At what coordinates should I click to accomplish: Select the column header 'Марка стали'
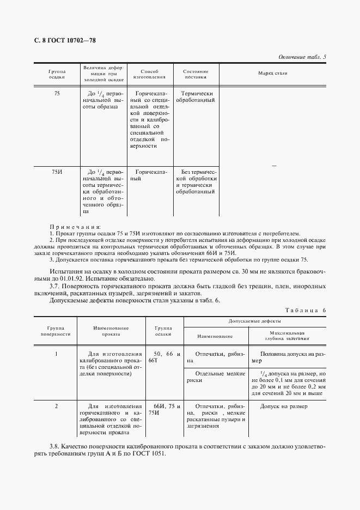coord(272,73)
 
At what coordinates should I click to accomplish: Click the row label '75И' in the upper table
coord(57,172)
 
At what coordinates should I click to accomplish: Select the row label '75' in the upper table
coord(57,94)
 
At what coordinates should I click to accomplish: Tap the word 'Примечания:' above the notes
coord(75,226)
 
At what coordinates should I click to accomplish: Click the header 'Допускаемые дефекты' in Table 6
coord(254,322)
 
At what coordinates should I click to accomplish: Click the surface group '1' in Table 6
coord(57,354)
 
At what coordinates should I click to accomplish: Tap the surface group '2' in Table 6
coord(57,406)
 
